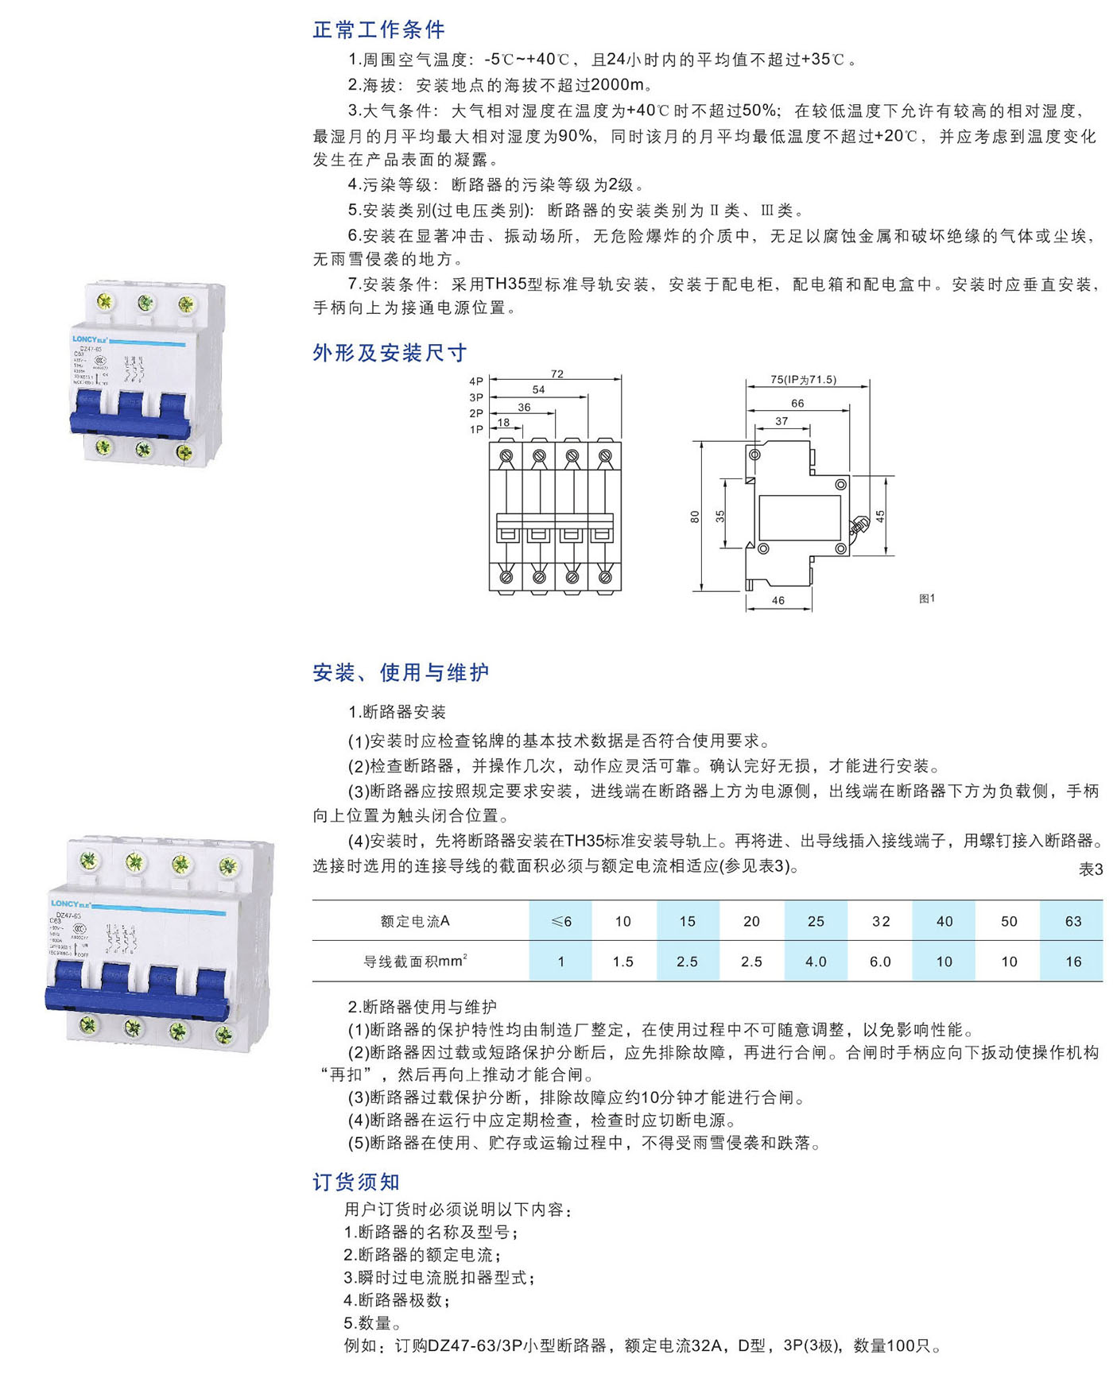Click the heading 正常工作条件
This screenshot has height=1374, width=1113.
click(378, 30)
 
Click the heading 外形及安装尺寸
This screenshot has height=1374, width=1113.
click(390, 353)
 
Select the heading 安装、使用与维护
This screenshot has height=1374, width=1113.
click(401, 673)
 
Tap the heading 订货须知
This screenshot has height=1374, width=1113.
click(356, 1182)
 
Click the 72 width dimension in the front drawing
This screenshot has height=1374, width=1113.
click(556, 373)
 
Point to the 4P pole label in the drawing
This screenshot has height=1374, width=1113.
click(476, 381)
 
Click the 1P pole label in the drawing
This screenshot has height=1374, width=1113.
click(476, 429)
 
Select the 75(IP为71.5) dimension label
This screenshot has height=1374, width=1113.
click(803, 380)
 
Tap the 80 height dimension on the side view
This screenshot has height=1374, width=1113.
click(695, 517)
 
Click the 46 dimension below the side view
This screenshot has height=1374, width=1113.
click(778, 601)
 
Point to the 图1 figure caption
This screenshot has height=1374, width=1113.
click(927, 598)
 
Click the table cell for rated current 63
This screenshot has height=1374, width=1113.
click(1072, 921)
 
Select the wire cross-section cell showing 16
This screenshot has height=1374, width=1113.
click(1072, 962)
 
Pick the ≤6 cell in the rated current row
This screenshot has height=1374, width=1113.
click(560, 921)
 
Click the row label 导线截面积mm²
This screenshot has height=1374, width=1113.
click(415, 962)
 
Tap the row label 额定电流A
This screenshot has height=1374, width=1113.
click(415, 921)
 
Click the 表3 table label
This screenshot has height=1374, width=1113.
click(1090, 869)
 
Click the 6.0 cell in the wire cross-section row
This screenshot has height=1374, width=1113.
click(880, 962)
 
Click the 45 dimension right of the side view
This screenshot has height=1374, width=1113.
click(880, 516)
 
